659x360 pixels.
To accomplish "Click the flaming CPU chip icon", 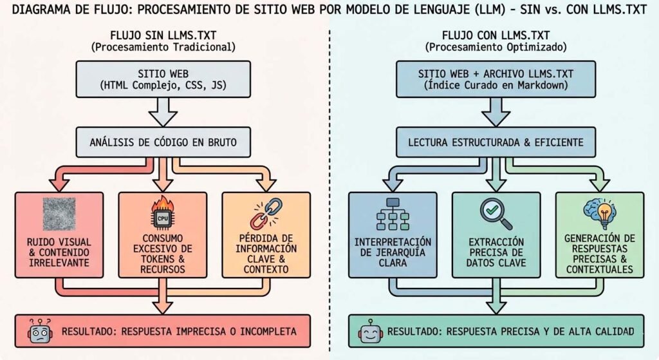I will point(160,216).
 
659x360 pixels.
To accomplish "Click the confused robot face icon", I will point(40,331).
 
